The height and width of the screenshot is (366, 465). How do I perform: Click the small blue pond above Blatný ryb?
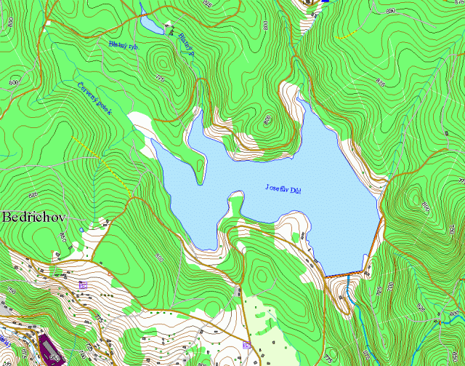pyautogui.click(x=152, y=24)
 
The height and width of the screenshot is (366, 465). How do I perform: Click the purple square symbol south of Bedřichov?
pyautogui.click(x=82, y=284)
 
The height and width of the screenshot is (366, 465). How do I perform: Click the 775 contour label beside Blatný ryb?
pyautogui.click(x=160, y=78)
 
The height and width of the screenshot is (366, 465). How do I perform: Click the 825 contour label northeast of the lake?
pyautogui.click(x=380, y=79)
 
